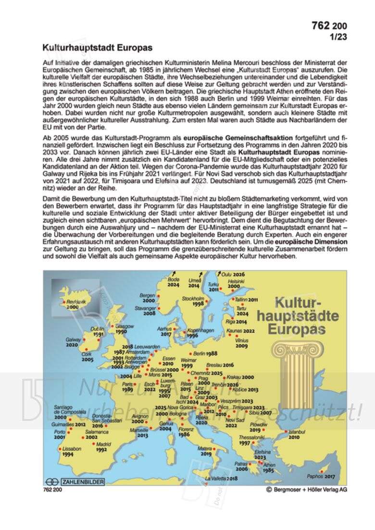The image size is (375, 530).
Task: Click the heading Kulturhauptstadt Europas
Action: (98, 48)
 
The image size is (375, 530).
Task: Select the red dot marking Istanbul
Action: (287, 431)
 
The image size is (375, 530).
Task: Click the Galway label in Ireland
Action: (72, 339)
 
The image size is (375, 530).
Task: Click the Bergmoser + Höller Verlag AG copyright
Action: (306, 490)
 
